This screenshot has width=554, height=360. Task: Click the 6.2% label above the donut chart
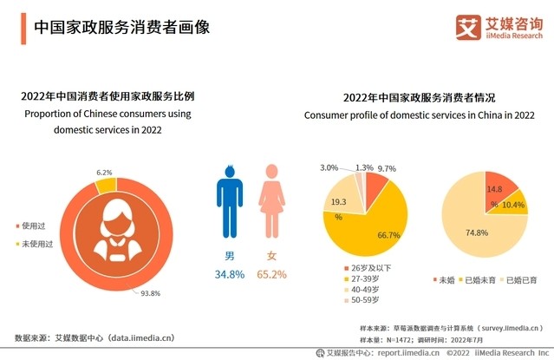point(105,173)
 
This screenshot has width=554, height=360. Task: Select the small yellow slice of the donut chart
point(104,186)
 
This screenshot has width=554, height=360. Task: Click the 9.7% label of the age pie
point(388,168)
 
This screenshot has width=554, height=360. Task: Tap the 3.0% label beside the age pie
point(329,167)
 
